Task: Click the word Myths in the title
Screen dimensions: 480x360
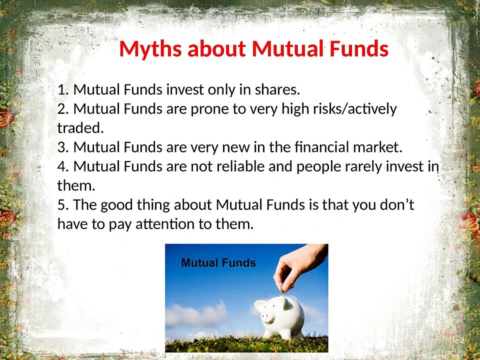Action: [x=150, y=49]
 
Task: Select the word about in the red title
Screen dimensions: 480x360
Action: [x=216, y=48]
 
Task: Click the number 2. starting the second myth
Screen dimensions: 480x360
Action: [x=63, y=108]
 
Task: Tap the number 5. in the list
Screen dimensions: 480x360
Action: [x=63, y=205]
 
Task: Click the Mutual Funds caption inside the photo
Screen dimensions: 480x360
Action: [x=218, y=262]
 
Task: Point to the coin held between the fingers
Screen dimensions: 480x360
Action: [x=284, y=288]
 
